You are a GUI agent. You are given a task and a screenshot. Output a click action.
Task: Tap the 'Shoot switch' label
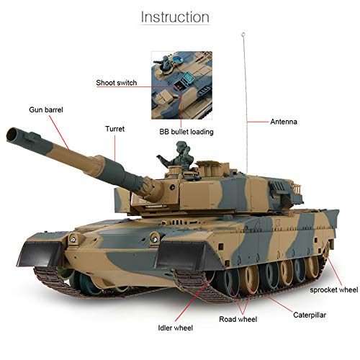click(x=117, y=83)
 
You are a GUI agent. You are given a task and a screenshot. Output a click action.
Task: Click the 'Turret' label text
click(x=115, y=129)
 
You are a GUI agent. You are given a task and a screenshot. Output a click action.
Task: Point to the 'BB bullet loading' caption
click(x=186, y=132)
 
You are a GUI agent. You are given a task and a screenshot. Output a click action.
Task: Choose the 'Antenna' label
click(x=286, y=121)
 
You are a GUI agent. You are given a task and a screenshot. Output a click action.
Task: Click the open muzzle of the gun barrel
click(x=14, y=134)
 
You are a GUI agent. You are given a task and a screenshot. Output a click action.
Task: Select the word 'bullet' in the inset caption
click(x=181, y=132)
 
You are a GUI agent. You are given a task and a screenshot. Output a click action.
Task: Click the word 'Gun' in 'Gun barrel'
click(x=37, y=111)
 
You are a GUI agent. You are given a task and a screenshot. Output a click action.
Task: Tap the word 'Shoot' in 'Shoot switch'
click(x=107, y=83)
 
